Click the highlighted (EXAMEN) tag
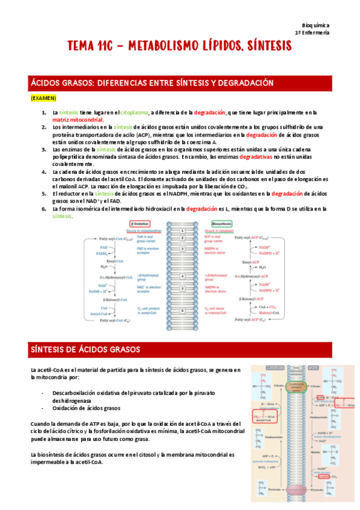click(43, 97)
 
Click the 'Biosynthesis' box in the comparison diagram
click(216, 223)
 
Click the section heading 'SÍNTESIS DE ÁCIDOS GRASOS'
click(85, 349)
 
